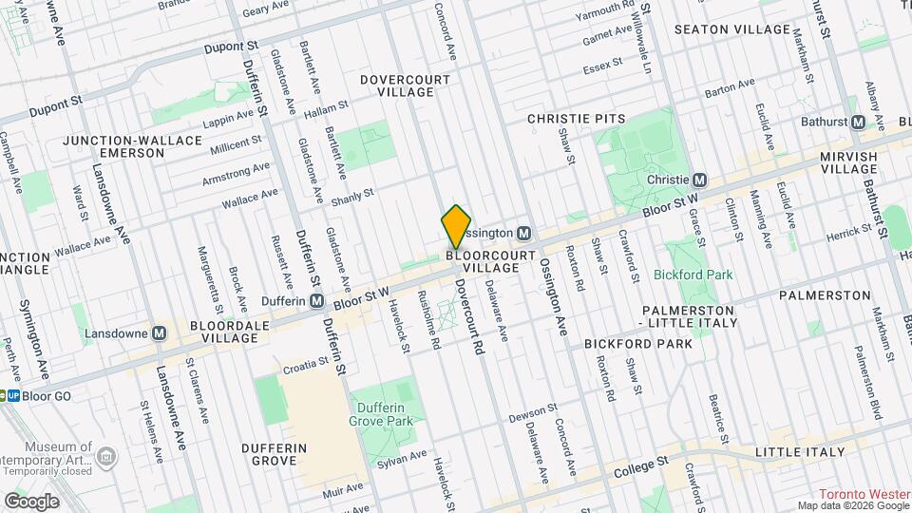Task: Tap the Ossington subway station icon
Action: click(523, 233)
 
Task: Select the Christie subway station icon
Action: click(700, 180)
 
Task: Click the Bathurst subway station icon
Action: click(858, 123)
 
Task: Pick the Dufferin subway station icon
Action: click(316, 301)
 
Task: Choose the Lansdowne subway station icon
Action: click(160, 333)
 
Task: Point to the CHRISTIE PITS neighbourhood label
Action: click(577, 118)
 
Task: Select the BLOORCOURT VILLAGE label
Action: click(483, 262)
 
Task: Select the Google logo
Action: click(31, 501)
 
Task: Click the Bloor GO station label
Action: click(47, 395)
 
